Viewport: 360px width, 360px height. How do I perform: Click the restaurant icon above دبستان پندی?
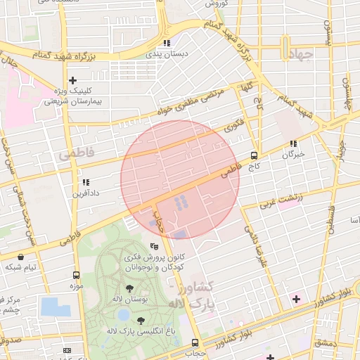[167, 42]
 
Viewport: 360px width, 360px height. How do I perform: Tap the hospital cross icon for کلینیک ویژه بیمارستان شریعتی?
[73, 81]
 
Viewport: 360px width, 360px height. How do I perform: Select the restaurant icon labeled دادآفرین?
[86, 181]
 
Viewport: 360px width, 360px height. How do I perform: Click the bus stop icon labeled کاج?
[254, 156]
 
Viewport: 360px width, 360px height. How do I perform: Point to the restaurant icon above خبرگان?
[292, 143]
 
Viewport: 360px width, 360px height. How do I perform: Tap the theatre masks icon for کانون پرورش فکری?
[155, 247]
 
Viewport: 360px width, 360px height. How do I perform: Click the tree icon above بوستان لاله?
[129, 289]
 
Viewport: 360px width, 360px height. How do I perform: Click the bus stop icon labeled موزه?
[76, 276]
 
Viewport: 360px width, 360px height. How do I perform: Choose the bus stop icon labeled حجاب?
[195, 342]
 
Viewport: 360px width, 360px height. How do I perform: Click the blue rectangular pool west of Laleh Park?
[55, 307]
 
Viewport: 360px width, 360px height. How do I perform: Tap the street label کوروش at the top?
[214, 4]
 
